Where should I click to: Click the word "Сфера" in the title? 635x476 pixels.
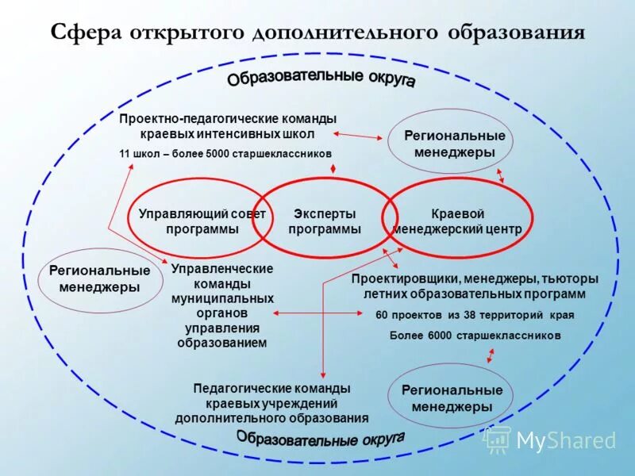coord(85,33)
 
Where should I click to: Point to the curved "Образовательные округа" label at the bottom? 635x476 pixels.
coord(321,440)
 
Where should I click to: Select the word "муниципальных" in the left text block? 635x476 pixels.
coord(222,298)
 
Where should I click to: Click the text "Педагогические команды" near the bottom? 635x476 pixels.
coord(271,389)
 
